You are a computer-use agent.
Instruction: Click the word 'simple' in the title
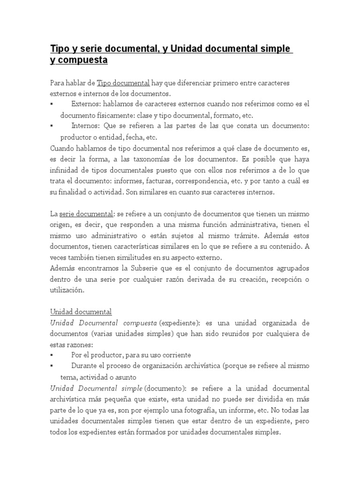point(277,49)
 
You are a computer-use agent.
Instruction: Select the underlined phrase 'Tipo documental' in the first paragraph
point(123,83)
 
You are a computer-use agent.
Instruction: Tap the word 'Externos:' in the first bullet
point(86,104)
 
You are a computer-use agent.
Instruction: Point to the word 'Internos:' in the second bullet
point(86,127)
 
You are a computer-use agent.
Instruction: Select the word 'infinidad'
point(64,171)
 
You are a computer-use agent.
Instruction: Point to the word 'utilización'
point(67,291)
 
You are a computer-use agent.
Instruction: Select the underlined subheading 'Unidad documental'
point(81,312)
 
